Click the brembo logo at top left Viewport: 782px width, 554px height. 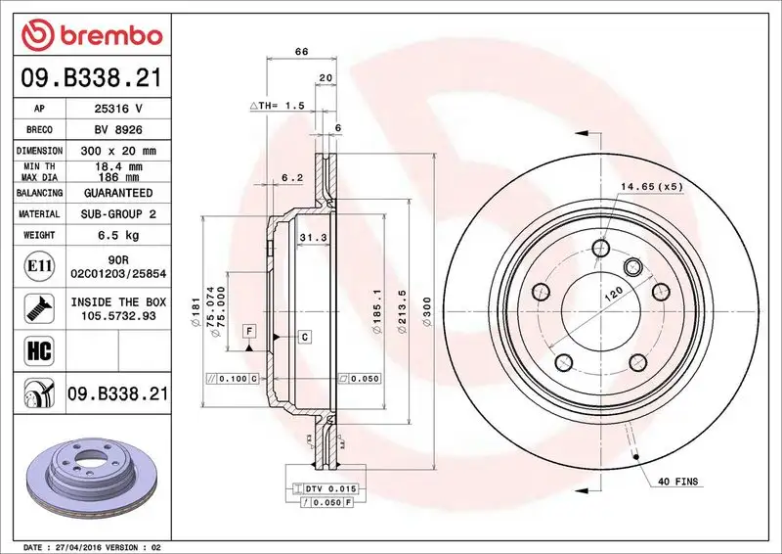(91, 35)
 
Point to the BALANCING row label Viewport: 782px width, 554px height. (40, 195)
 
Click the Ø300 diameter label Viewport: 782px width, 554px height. (426, 310)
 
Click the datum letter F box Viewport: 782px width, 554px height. (249, 330)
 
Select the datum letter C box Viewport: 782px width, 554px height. (304, 337)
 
